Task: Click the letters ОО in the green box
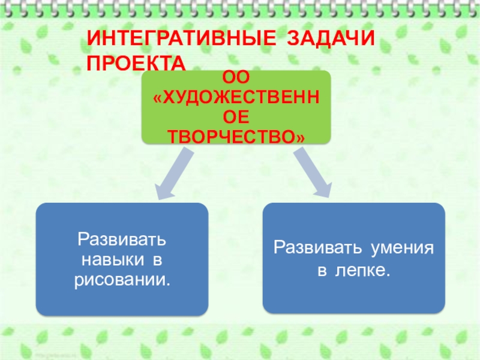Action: click(x=236, y=77)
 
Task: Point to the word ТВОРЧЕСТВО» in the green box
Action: click(x=236, y=137)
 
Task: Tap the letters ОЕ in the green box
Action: click(x=236, y=117)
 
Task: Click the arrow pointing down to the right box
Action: click(x=311, y=174)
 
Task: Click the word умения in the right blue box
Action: click(x=403, y=247)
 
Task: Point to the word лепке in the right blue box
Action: click(x=362, y=271)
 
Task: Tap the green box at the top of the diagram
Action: click(x=236, y=107)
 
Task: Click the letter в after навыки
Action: click(x=157, y=260)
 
